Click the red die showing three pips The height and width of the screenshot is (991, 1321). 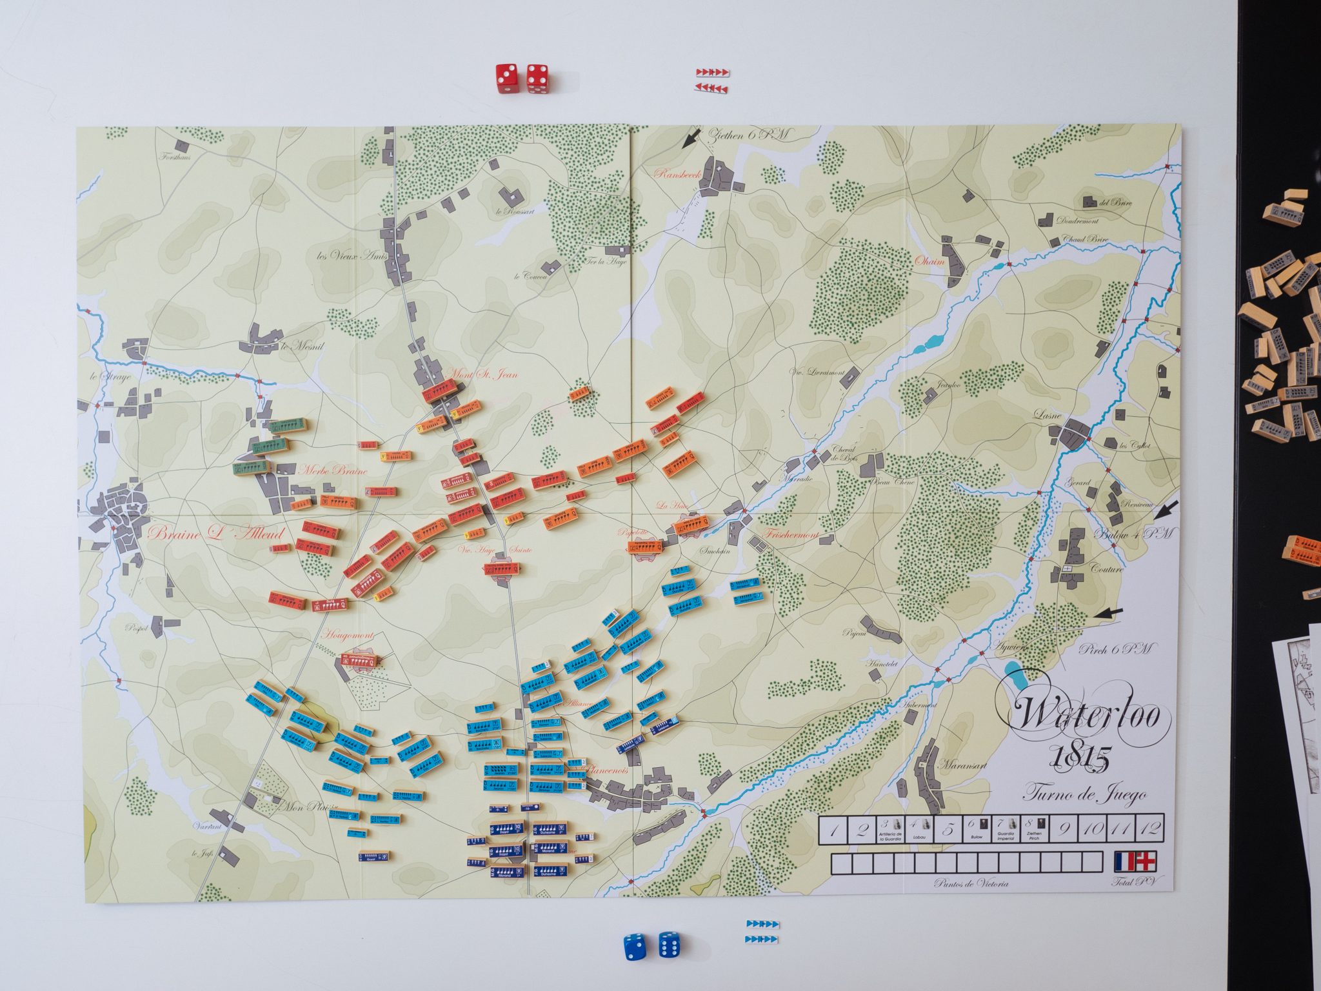(x=506, y=78)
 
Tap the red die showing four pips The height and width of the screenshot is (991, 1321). (x=537, y=78)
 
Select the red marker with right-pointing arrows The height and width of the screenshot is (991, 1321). (x=713, y=72)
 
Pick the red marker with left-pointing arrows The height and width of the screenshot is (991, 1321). (x=713, y=88)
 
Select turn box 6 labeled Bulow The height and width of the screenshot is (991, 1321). (x=976, y=828)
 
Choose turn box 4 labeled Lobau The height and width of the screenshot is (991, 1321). (x=919, y=828)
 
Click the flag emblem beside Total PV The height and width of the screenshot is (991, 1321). (x=1135, y=861)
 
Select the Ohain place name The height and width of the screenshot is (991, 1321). (x=929, y=262)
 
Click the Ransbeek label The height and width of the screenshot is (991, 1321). (x=673, y=174)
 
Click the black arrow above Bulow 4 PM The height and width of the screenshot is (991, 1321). (x=1166, y=511)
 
